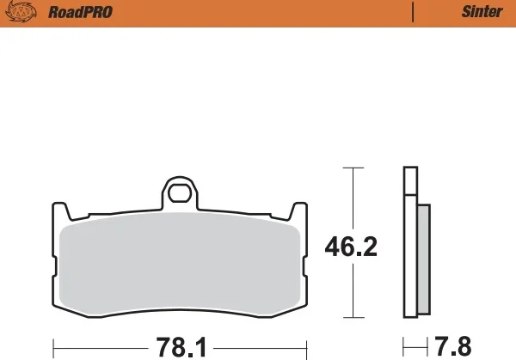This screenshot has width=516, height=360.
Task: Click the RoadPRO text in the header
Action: pyautogui.click(x=80, y=12)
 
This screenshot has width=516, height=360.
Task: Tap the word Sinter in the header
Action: pyautogui.click(x=482, y=12)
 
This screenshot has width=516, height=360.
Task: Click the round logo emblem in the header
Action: pyautogui.click(x=21, y=12)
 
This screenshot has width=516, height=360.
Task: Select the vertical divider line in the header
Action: pyautogui.click(x=413, y=12)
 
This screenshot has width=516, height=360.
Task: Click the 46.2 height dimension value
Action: pyautogui.click(x=351, y=247)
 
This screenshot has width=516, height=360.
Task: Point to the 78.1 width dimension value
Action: pyautogui.click(x=181, y=347)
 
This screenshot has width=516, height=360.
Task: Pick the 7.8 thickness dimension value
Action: pyautogui.click(x=453, y=346)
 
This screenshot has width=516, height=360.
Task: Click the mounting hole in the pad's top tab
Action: pyautogui.click(x=180, y=193)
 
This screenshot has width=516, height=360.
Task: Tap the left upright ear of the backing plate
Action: pyautogui.click(x=61, y=211)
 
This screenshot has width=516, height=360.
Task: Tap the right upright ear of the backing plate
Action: pyautogui.click(x=298, y=211)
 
